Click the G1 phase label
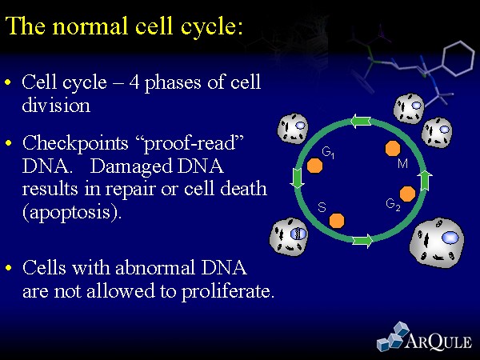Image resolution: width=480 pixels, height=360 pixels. (x=328, y=153)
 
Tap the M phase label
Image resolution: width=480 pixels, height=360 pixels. (x=403, y=164)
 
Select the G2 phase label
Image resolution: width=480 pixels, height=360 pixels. (x=394, y=205)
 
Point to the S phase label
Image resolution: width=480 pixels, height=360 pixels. (x=322, y=207)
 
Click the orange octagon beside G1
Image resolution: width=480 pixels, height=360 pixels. (x=314, y=166)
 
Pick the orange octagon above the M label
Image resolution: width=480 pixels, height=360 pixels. (x=393, y=149)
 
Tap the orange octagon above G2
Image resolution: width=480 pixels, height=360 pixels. (x=408, y=194)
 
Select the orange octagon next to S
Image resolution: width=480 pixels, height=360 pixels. (x=337, y=221)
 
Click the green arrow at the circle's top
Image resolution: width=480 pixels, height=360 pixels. (x=361, y=122)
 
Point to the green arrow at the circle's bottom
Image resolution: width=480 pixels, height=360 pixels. (x=362, y=241)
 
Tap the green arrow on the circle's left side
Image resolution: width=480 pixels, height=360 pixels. (x=297, y=178)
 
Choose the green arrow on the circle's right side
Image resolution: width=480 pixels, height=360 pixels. (x=425, y=181)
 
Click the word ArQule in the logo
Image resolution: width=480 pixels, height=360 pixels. (x=438, y=341)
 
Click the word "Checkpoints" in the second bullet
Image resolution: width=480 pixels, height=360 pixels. (x=75, y=144)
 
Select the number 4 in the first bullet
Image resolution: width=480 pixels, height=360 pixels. (x=134, y=82)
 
